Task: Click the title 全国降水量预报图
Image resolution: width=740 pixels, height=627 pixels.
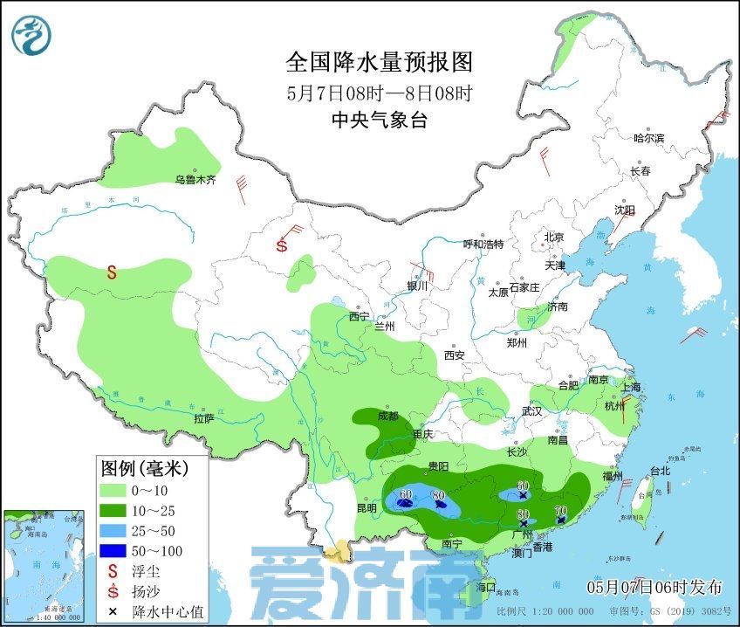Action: [379, 63]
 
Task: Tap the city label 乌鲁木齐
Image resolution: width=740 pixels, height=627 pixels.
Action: [194, 180]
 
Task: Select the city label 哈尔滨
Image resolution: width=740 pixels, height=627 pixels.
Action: [648, 138]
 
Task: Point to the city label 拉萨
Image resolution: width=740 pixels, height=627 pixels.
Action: [203, 418]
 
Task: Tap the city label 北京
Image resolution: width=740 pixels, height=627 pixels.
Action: [554, 238]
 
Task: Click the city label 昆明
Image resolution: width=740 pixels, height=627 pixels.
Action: [367, 507]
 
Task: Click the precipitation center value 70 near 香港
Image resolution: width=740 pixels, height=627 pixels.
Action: [561, 510]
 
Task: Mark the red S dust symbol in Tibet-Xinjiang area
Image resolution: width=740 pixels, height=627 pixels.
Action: [112, 272]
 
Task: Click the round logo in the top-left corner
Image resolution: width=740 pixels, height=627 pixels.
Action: [31, 33]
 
